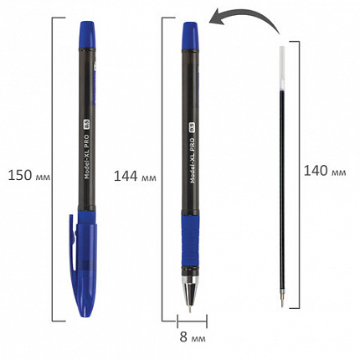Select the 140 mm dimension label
pos(325,172)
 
